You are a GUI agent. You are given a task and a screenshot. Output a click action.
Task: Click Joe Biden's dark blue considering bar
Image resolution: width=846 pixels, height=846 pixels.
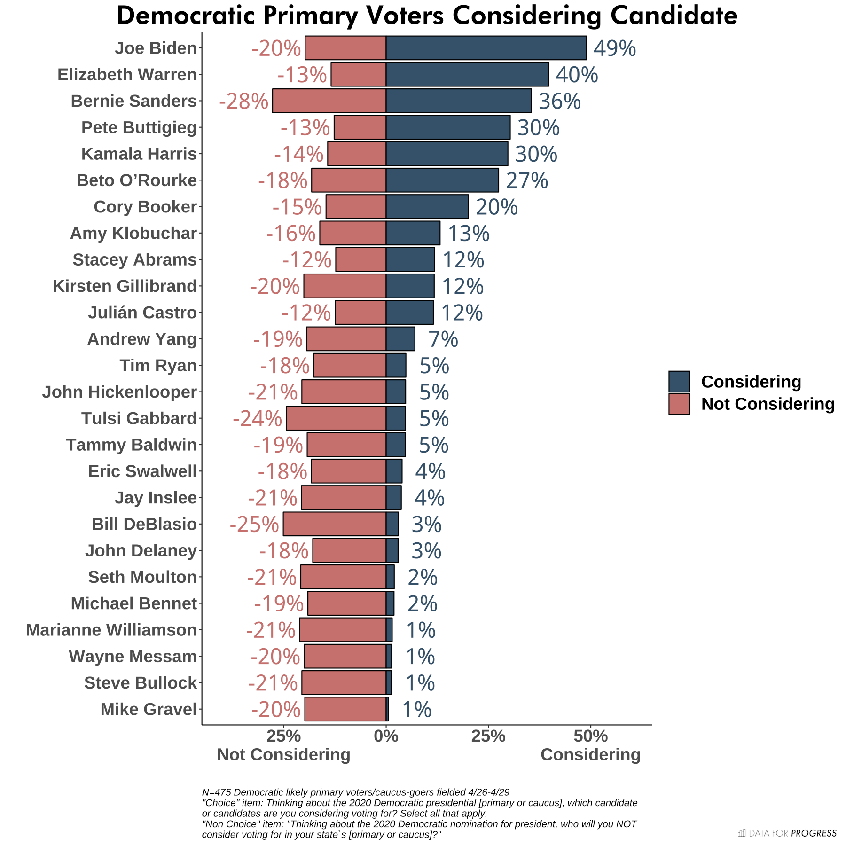[486, 48]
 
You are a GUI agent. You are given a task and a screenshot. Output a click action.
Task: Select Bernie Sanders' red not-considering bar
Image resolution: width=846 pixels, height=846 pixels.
[329, 101]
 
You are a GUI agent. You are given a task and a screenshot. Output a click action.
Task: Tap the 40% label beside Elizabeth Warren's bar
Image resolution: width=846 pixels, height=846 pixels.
[577, 75]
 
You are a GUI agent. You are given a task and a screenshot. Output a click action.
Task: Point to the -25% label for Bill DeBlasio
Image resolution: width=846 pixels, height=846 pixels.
[254, 525]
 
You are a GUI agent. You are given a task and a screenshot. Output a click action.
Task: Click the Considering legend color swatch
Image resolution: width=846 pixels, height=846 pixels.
[679, 382]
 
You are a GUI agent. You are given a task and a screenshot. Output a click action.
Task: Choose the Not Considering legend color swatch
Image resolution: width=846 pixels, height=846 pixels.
[679, 404]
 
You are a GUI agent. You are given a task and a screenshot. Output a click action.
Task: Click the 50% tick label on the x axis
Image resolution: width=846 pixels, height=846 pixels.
[591, 736]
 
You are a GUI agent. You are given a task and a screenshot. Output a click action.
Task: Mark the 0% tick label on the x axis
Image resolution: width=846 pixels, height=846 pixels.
[386, 736]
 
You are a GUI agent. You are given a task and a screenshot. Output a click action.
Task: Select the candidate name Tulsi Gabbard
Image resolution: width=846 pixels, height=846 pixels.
[139, 418]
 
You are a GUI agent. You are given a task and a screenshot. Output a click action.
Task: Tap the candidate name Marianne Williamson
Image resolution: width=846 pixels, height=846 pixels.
[111, 630]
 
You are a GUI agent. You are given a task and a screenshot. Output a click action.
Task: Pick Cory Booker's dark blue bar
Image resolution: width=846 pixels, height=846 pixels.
[427, 207]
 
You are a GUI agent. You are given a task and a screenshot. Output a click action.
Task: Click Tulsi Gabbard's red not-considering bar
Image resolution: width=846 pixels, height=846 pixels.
[336, 418]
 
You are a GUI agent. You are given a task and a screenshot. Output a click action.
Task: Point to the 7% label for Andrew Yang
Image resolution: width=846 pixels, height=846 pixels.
[443, 339]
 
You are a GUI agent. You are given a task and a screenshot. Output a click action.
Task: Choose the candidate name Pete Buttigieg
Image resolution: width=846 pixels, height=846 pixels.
[139, 127]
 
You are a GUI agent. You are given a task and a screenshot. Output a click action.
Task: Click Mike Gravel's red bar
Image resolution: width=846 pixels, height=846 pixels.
[345, 709]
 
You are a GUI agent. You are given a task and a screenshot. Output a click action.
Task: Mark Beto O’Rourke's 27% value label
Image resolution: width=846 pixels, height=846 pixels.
[526, 180]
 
